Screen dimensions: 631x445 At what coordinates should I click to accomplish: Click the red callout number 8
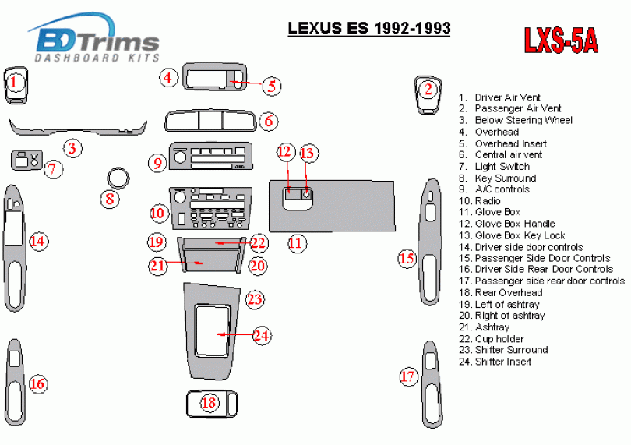click(x=110, y=199)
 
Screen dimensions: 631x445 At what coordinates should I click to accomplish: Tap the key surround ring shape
click(x=118, y=170)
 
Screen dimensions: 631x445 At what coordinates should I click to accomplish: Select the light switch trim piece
click(x=26, y=160)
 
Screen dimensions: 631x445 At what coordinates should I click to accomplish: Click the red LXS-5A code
click(x=561, y=41)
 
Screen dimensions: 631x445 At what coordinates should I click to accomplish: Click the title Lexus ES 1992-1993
click(x=369, y=28)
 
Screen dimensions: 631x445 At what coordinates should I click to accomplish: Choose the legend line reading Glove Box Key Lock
click(x=512, y=235)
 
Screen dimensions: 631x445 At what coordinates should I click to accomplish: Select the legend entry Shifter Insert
click(x=495, y=362)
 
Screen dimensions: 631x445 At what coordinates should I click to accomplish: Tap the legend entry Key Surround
click(x=497, y=178)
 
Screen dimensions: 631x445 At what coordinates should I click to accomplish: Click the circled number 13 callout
click(x=307, y=153)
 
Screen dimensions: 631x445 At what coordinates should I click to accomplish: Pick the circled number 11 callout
click(x=295, y=243)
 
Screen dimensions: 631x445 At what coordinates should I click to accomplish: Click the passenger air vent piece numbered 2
click(x=428, y=94)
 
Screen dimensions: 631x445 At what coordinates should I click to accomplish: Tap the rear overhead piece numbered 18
click(x=212, y=404)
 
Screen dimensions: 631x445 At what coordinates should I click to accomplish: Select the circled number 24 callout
click(x=261, y=335)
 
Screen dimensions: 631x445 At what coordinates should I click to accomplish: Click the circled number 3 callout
click(x=72, y=148)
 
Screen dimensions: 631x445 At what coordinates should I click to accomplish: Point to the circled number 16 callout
click(x=37, y=383)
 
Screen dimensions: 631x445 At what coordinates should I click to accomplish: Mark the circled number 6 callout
click(x=269, y=121)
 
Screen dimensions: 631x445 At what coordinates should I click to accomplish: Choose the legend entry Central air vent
click(x=501, y=154)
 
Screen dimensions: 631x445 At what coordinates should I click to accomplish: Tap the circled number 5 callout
click(x=272, y=86)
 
